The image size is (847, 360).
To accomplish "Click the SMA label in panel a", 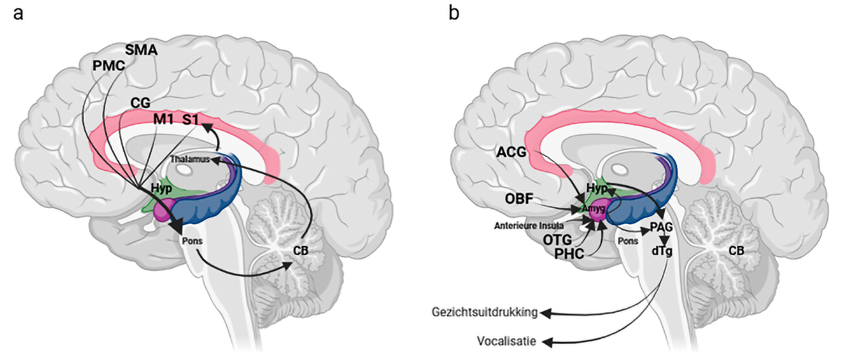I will (x=141, y=50).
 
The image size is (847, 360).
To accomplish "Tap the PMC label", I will (x=109, y=66).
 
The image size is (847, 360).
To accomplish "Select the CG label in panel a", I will (x=140, y=103).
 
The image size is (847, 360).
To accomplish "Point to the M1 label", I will (x=164, y=119).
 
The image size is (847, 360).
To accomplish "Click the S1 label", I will (x=191, y=119).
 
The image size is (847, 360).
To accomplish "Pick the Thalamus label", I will (x=190, y=159).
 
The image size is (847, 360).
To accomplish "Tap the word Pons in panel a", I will (x=192, y=241).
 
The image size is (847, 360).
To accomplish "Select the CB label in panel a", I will (x=301, y=250).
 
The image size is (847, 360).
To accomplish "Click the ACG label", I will (x=511, y=152).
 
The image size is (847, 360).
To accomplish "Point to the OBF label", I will (x=519, y=198).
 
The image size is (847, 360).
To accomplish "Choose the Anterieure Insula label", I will (x=529, y=226).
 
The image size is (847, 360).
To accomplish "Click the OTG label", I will (x=557, y=240).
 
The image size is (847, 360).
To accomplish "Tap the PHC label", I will (x=569, y=254).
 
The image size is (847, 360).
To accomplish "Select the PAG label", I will (x=661, y=227).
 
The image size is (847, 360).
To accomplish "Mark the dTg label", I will (x=661, y=250).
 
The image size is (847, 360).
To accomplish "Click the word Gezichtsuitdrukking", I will (x=484, y=312).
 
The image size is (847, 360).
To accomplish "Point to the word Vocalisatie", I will (x=506, y=341).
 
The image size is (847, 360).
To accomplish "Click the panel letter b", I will (x=454, y=13).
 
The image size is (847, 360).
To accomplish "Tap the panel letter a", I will (x=18, y=13).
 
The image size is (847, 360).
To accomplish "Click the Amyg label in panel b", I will (x=594, y=209).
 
